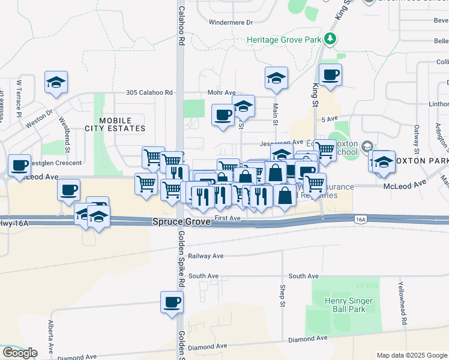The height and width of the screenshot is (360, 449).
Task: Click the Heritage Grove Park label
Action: [x=285, y=40]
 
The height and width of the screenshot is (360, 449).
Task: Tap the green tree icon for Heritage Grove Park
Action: [x=330, y=39]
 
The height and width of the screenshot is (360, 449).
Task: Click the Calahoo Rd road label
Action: [x=180, y=27]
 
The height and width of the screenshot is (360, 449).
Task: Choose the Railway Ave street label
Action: [x=206, y=256]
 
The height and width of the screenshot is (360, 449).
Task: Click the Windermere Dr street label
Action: [x=231, y=22]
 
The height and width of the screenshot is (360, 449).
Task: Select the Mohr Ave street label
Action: [x=221, y=93]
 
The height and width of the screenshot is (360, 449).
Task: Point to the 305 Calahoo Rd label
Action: [x=149, y=93]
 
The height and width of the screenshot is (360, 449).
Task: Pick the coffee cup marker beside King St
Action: [x=330, y=75]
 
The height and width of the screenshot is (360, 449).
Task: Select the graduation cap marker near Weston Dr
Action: [x=56, y=82]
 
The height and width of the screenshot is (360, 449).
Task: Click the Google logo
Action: [x=20, y=353]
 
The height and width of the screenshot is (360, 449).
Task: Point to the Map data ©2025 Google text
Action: [x=412, y=355]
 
